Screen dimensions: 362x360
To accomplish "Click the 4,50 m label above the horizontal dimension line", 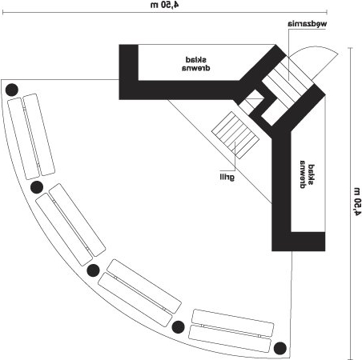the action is click(165, 5).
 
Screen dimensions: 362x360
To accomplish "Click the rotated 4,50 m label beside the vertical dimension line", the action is click(357, 202).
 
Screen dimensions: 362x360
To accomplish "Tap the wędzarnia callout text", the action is click(308, 24).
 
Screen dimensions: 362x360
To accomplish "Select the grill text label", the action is click(227, 177).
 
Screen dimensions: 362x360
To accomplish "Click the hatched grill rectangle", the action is click(235, 135).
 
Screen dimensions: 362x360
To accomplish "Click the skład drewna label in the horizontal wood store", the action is click(196, 64).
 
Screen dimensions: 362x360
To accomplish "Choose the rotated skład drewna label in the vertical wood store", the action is click(308, 174).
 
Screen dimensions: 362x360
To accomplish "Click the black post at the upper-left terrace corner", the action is click(12, 90).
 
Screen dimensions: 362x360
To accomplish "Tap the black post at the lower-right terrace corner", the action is click(280, 348).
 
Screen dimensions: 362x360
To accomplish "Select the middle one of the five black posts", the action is click(93, 270).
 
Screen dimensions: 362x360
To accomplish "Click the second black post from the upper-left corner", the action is click(37, 187).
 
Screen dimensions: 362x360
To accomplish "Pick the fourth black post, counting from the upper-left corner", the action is click(178, 327).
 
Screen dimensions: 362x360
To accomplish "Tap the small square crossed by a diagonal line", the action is click(251, 102).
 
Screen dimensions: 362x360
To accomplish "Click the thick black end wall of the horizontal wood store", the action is click(128, 72).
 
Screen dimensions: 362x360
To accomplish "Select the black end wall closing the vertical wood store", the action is click(299, 242).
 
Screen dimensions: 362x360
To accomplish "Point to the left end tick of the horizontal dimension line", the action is click(2, 12).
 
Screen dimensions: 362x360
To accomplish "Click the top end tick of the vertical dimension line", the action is click(350, 48).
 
